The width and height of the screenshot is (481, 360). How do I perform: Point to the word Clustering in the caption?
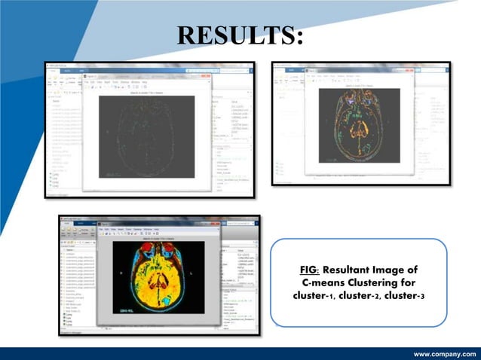coord(375,282)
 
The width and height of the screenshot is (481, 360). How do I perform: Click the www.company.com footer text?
coord(445,352)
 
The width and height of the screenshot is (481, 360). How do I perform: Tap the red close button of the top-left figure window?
coord(210,75)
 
